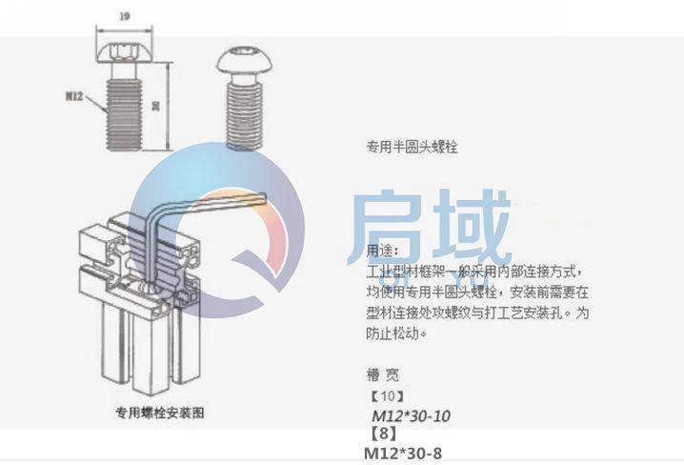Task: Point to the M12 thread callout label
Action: point(75,96)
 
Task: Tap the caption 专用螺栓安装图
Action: point(159,414)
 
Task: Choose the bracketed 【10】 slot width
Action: point(387,395)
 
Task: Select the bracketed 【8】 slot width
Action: point(382,434)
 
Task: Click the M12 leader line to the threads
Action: point(99,103)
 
